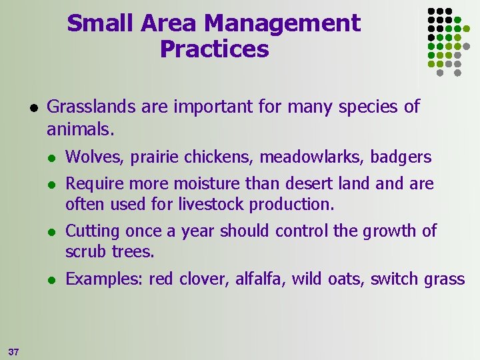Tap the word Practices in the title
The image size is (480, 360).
tap(214, 49)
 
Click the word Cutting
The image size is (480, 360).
tap(91, 231)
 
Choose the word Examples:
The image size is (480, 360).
tap(104, 279)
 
